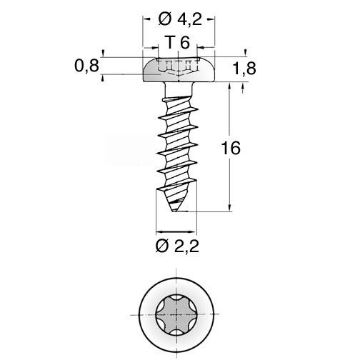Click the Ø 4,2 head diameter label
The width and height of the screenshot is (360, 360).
pyautogui.click(x=180, y=19)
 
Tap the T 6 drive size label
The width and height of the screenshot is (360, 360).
pyautogui.click(x=178, y=42)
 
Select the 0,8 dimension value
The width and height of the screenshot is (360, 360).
pyautogui.click(x=86, y=66)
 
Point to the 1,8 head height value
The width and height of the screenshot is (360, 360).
pyautogui.click(x=244, y=69)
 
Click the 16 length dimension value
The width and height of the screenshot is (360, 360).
pyautogui.click(x=231, y=148)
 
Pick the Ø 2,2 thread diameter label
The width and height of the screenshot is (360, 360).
pyautogui.click(x=177, y=246)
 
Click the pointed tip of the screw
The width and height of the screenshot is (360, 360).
pyautogui.click(x=174, y=211)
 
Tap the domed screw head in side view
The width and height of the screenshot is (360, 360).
pyautogui.click(x=179, y=70)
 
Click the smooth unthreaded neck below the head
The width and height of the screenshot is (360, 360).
pyautogui.click(x=179, y=89)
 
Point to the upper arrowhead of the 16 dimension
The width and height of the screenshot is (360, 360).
pyautogui.click(x=229, y=86)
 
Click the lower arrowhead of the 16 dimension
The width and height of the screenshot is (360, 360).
pyautogui.click(x=229, y=208)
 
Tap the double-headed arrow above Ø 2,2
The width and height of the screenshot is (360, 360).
pyautogui.click(x=176, y=231)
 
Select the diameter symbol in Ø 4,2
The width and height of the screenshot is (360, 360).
pyautogui.click(x=165, y=19)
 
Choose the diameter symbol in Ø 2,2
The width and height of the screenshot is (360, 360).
pyautogui.click(x=162, y=246)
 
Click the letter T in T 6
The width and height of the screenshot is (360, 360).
pyautogui.click(x=170, y=42)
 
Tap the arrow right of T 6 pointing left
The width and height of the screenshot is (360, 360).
pyautogui.click(x=206, y=48)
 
